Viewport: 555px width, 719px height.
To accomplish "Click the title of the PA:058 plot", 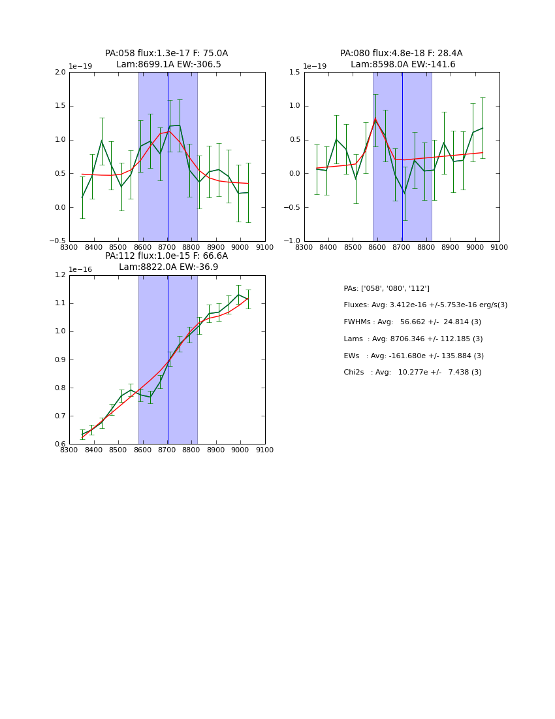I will (x=166, y=59).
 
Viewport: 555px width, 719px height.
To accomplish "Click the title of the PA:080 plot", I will (x=401, y=59).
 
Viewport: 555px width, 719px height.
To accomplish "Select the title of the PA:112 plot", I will (x=166, y=261).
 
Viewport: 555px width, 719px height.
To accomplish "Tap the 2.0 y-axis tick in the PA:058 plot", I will (x=60, y=73).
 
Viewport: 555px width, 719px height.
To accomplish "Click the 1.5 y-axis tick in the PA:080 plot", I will (x=295, y=73).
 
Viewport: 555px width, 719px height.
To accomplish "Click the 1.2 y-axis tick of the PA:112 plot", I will (x=60, y=275).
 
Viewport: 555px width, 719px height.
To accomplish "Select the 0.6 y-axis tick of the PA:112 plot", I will (x=60, y=444).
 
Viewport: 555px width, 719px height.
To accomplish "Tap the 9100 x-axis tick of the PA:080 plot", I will (x=499, y=248).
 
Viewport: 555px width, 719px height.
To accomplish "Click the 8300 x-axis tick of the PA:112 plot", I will (x=69, y=450).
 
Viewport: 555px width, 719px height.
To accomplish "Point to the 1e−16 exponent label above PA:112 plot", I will (x=80, y=269).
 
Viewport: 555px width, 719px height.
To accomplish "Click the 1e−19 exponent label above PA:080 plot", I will (x=315, y=67).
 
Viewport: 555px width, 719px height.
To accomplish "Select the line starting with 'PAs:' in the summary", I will (x=387, y=289).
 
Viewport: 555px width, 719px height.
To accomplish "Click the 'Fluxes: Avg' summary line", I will (x=425, y=305).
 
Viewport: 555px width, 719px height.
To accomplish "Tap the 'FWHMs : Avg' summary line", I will (x=412, y=322).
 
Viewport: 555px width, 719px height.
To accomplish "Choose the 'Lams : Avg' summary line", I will (x=413, y=339).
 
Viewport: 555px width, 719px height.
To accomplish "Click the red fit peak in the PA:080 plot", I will (x=375, y=119).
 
